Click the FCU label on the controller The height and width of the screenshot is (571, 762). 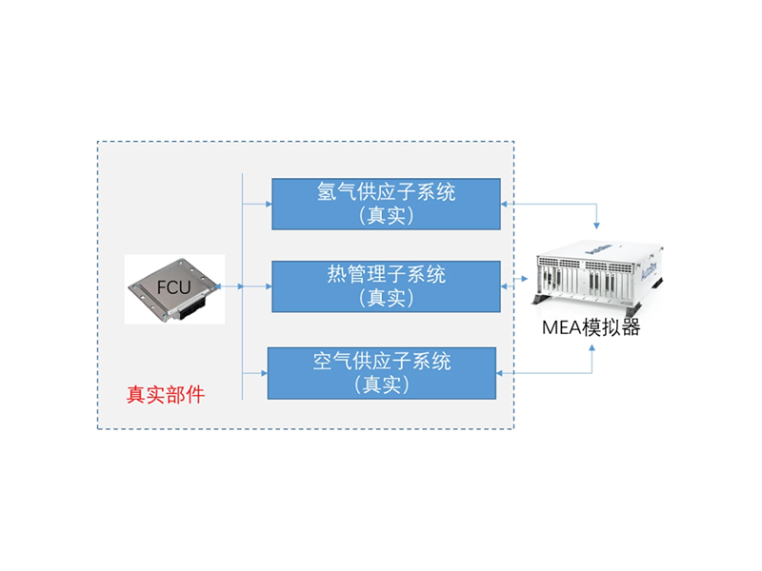[173, 287]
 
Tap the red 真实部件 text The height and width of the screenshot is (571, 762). [166, 395]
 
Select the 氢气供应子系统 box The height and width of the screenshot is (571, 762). [386, 204]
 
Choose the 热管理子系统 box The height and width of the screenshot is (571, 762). [386, 286]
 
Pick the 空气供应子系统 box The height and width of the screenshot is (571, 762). [382, 373]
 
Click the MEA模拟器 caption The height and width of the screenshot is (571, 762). [591, 327]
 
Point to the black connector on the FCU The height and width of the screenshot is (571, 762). [191, 307]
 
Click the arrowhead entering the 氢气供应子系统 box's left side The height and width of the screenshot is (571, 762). [269, 204]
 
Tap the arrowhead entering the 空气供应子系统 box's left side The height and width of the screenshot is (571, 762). [264, 373]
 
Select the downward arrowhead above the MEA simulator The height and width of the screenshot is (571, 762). [596, 226]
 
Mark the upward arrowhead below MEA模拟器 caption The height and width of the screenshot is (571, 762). [592, 348]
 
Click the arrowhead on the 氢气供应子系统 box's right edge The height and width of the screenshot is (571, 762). [504, 204]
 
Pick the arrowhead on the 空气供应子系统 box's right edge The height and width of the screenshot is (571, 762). [499, 373]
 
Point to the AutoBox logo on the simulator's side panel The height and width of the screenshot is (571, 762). [649, 267]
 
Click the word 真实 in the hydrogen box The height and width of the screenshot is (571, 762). [386, 216]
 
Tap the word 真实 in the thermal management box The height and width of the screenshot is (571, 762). [386, 298]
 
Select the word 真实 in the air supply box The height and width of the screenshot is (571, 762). [382, 384]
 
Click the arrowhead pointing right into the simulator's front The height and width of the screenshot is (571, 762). [525, 279]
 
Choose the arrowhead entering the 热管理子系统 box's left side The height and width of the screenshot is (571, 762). [269, 286]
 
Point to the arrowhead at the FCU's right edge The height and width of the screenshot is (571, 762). [218, 286]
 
